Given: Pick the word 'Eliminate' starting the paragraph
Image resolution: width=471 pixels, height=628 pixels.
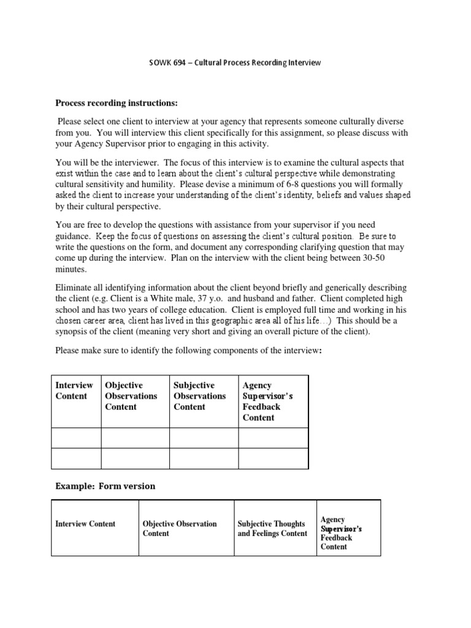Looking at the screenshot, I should [x=74, y=288].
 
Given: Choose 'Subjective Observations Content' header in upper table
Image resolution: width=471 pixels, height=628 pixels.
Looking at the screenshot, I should [x=200, y=396].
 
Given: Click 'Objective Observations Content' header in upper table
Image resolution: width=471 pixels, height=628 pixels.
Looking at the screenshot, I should [x=131, y=396].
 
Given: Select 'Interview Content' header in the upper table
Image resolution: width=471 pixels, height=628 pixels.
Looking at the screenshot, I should [x=74, y=391].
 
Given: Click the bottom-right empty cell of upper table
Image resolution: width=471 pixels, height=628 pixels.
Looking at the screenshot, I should [x=272, y=458].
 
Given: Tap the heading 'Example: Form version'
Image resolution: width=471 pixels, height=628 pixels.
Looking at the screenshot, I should [x=105, y=486].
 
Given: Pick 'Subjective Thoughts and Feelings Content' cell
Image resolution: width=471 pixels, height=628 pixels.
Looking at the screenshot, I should [x=272, y=529].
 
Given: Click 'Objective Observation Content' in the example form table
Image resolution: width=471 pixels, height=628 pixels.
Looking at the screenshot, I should [x=180, y=529].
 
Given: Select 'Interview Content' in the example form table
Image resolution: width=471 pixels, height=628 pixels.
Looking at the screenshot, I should [x=85, y=524].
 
